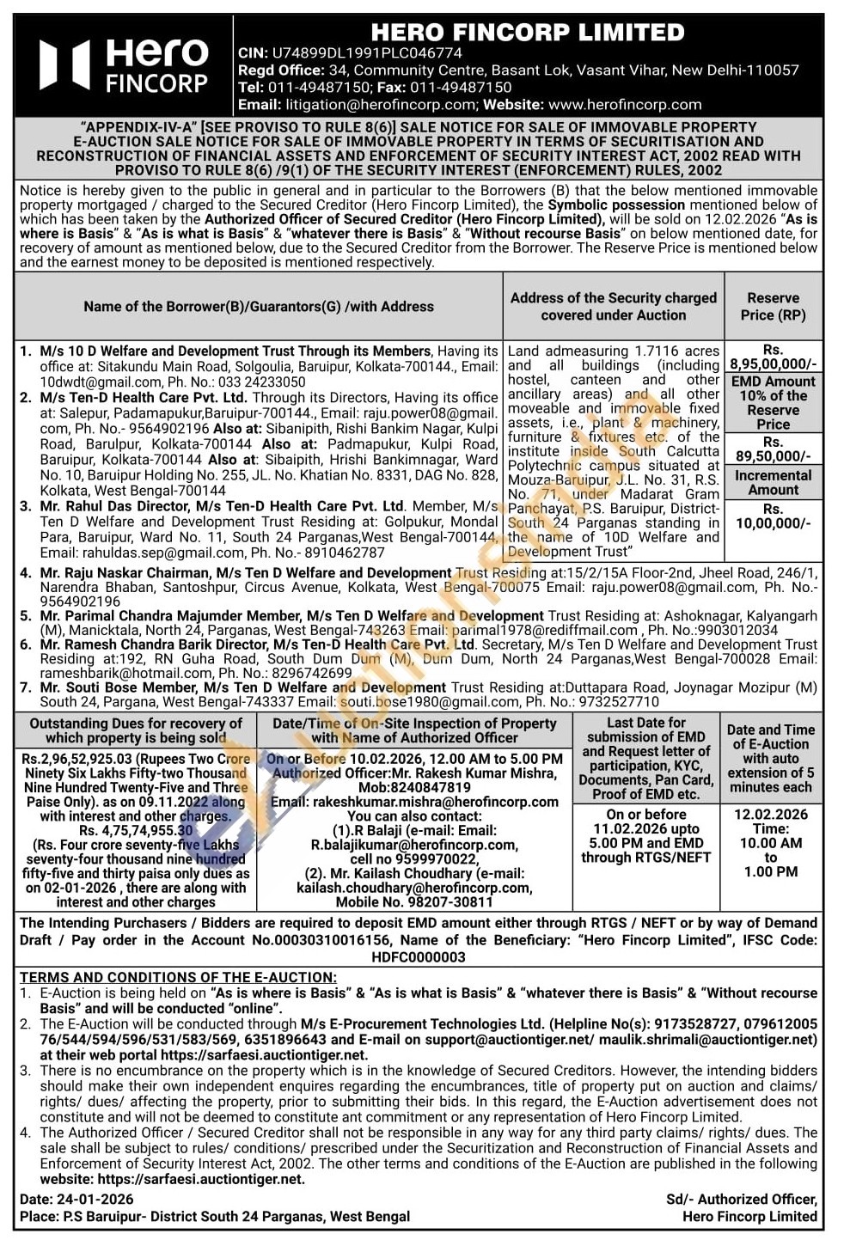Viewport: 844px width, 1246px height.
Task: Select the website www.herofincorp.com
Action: pos(625,105)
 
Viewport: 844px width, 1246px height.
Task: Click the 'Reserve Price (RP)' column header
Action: pos(773,306)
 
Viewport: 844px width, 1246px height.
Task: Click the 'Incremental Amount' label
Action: pos(773,482)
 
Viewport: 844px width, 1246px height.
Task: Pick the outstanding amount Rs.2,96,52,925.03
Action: pos(78,759)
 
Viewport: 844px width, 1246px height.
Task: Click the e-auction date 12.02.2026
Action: pos(770,814)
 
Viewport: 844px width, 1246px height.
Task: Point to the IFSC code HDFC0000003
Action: pos(419,956)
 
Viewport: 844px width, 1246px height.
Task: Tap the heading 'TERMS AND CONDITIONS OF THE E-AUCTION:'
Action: pos(178,977)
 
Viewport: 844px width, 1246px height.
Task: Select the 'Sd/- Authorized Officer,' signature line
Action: pos(741,1200)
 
